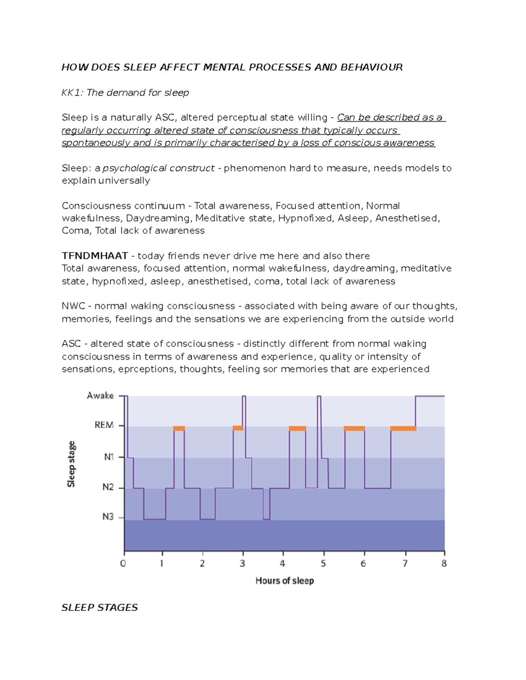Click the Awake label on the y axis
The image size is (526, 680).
tap(100, 396)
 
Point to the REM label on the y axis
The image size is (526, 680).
tap(104, 425)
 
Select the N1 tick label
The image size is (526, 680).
tap(109, 457)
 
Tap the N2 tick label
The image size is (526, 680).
tap(108, 487)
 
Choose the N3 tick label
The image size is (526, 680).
tap(108, 517)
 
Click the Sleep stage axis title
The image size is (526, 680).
tap(71, 464)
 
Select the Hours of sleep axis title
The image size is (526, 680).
tap(284, 581)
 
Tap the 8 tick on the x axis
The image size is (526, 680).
tap(444, 564)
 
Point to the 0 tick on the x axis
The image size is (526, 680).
tap(123, 564)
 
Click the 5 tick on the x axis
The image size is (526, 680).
tap(323, 564)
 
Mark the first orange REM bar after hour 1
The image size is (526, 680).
tap(179, 429)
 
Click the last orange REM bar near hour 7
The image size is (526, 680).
tap(403, 429)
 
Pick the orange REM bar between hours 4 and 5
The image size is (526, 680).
tap(297, 429)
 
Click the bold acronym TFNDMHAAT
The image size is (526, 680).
tap(95, 256)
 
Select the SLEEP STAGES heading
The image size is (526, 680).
tap(100, 608)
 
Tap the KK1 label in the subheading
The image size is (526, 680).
tap(72, 93)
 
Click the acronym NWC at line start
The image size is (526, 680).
tap(73, 306)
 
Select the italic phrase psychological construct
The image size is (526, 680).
tap(159, 168)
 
